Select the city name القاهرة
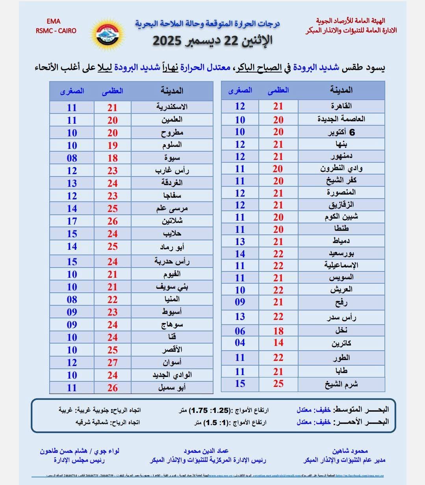(x=341, y=106)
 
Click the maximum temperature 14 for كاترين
(x=278, y=343)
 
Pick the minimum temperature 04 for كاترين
(x=240, y=343)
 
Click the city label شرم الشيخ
(x=341, y=384)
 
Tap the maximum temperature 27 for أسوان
(x=113, y=362)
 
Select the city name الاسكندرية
(x=172, y=107)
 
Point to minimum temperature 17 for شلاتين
(x=72, y=221)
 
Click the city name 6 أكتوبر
(x=341, y=132)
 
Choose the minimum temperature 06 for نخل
(x=240, y=331)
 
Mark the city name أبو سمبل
(x=172, y=388)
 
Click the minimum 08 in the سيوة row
(x=72, y=158)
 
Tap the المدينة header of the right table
(x=341, y=90)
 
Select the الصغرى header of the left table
(x=72, y=91)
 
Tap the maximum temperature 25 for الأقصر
(x=113, y=350)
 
